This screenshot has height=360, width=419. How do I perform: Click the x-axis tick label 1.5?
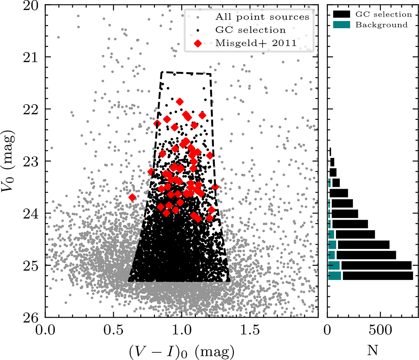coord(250,330)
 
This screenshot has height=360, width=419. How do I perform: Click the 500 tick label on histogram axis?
coord(379,330)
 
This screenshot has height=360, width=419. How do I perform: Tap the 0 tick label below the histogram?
coord(328,330)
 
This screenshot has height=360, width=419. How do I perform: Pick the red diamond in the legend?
coord(198,43)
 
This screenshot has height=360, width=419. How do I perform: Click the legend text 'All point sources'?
coord(262,17)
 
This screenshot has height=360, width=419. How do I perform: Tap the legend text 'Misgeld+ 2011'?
coord(256,43)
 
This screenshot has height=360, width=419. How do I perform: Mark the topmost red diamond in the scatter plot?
coord(180,102)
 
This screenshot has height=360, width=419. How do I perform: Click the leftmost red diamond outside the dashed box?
coord(132,197)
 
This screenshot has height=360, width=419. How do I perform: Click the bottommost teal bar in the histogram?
coord(335,275)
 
